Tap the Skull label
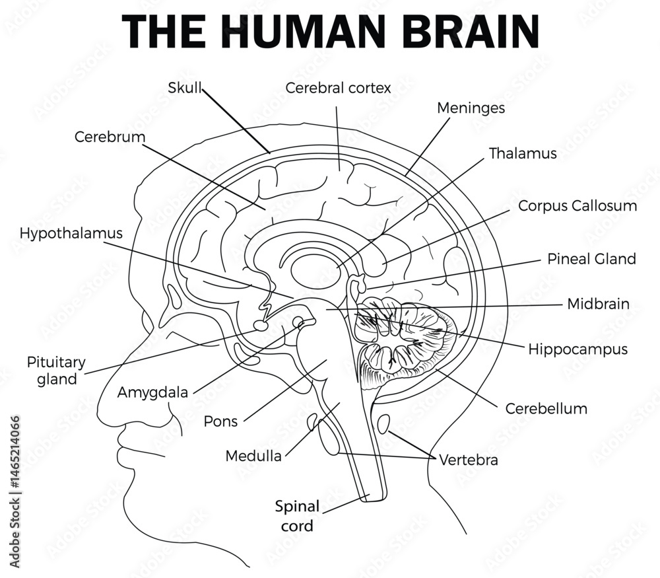click(x=184, y=87)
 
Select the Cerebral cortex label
click(x=339, y=87)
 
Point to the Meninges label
click(x=471, y=108)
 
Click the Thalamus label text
click(x=523, y=153)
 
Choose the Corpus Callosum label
click(x=577, y=205)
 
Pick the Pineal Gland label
click(x=591, y=258)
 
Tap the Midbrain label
click(x=598, y=304)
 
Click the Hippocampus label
click(x=577, y=349)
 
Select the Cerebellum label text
click(x=546, y=408)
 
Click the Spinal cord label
click(x=297, y=516)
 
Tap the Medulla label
click(x=253, y=456)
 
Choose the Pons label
click(x=220, y=421)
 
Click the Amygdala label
click(x=152, y=392)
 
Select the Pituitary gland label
click(x=56, y=371)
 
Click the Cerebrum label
click(x=110, y=137)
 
